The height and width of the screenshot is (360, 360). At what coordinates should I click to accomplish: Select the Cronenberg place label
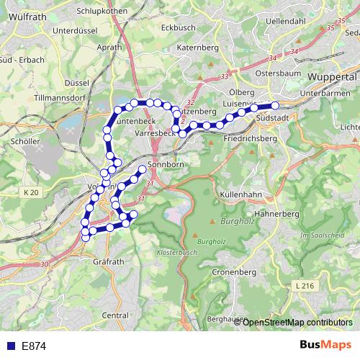pyautogui.click(x=235, y=272)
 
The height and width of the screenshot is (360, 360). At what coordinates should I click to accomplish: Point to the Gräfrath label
pyautogui.click(x=110, y=263)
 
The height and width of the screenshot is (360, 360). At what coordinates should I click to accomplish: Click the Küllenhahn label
pyautogui.click(x=242, y=196)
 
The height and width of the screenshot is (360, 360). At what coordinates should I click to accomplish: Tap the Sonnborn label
pyautogui.click(x=162, y=165)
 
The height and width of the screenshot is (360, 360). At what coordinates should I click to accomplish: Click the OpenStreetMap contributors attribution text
pyautogui.click(x=297, y=322)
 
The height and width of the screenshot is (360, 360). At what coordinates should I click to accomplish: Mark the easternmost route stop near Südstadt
pyautogui.click(x=275, y=106)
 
